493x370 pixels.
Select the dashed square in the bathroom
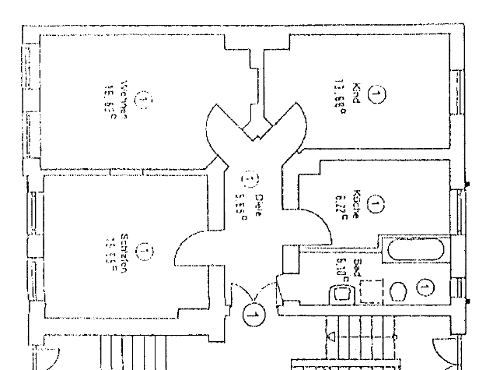pos(370,291)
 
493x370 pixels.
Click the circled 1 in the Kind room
pos(376,95)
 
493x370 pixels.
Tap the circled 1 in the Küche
pos(376,206)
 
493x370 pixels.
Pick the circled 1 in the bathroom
pos(425,288)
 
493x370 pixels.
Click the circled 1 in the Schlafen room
pos(145,251)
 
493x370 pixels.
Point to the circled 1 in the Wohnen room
pos(145,100)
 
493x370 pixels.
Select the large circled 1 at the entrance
pos(253,315)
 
